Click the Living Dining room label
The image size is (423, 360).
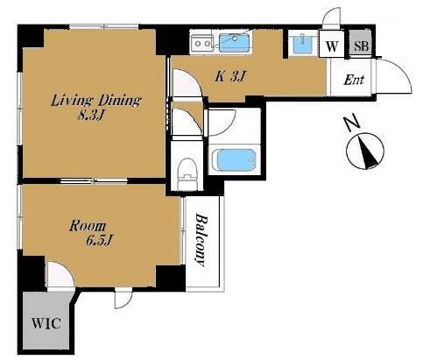96,101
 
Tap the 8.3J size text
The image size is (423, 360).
90,116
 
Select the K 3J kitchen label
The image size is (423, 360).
230,77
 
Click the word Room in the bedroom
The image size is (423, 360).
88,226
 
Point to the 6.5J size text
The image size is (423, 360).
99,240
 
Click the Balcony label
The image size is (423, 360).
201,240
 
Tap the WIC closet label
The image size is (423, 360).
46,323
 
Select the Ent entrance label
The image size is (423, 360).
354,80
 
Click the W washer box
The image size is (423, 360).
332,46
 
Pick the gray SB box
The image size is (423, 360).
361,46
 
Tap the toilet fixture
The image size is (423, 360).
187,174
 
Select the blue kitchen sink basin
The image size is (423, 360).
235,43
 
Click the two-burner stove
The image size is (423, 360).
202,44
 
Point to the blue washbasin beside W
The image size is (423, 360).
302,44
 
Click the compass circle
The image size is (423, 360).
365,151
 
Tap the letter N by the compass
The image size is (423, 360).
350,123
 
